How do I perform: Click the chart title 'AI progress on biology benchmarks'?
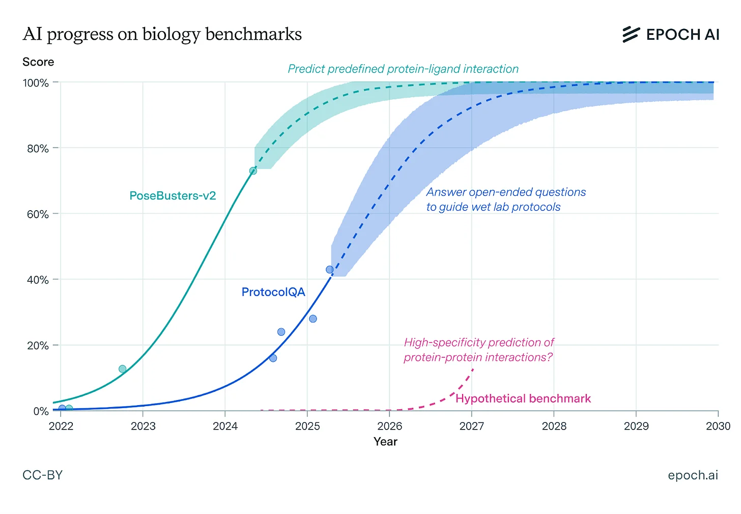point(162,34)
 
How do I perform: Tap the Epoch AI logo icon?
point(631,34)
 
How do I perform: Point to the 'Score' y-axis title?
point(38,62)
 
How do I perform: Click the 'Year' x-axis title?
point(385,442)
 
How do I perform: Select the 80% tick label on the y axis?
point(38,149)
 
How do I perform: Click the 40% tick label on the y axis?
point(38,280)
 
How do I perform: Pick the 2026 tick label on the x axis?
point(389,426)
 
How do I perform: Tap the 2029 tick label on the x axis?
point(636,426)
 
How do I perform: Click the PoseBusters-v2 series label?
point(173,196)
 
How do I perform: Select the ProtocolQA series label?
point(273,292)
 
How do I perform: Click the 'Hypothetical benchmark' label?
point(523,398)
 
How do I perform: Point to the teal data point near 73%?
point(253,171)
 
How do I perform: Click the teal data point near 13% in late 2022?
point(122,369)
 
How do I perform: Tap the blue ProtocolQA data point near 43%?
point(329,270)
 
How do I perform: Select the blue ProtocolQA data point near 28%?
point(313,319)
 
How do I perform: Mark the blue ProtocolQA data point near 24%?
point(281,332)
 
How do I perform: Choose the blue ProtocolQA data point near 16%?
point(273,358)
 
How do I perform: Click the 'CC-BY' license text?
point(42,475)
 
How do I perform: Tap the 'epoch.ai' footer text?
point(693,475)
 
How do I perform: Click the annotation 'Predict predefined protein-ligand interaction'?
point(403,69)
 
